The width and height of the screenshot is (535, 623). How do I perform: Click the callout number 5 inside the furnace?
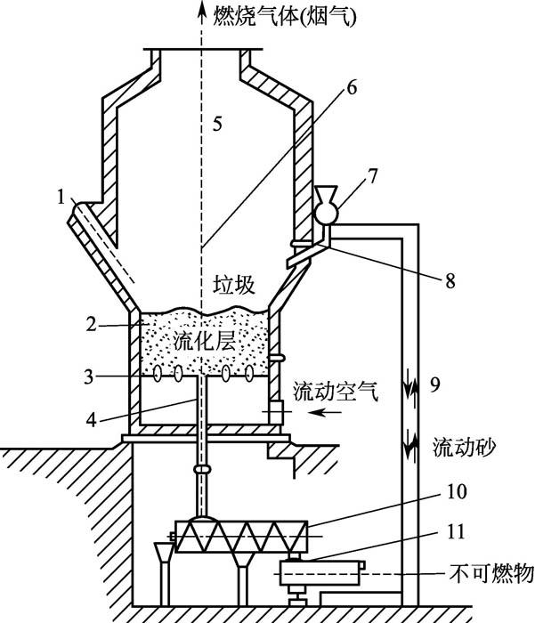point(217,124)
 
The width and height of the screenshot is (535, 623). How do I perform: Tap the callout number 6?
point(352,87)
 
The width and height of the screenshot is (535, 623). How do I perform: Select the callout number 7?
point(372,176)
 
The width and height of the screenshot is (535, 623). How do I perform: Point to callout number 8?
point(450,281)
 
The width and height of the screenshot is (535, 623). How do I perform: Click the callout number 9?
point(434,384)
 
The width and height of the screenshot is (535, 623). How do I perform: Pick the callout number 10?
point(457,491)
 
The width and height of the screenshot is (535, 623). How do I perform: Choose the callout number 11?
point(456,531)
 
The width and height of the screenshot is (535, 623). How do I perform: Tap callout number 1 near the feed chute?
point(61,197)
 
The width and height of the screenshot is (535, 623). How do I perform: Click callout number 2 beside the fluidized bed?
point(91,325)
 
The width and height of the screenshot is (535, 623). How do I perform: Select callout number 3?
point(89,376)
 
